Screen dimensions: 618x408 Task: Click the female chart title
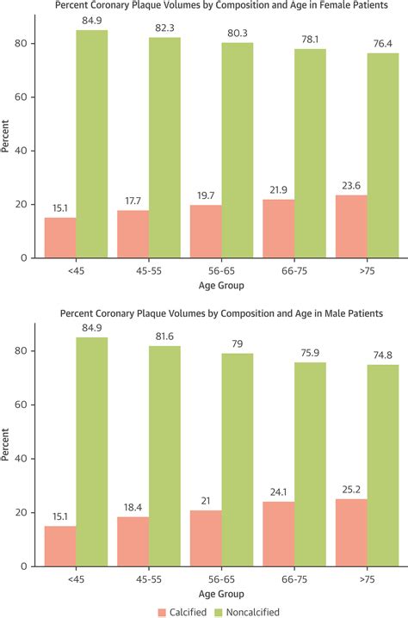pos(212,9)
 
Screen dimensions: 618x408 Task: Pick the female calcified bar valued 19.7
pos(206,232)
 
